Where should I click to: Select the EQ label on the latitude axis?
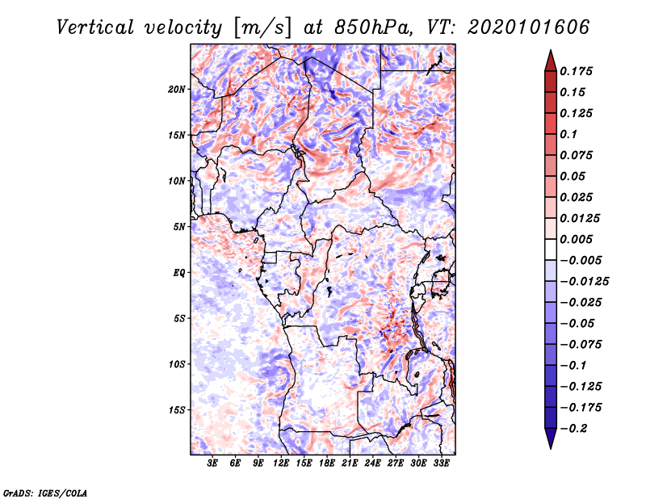pos(179,273)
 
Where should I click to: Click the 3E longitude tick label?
pos(213,463)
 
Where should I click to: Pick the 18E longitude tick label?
pos(327,463)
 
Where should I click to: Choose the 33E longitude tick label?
pos(441,463)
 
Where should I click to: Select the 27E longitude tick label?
pos(396,463)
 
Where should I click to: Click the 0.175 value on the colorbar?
pos(578,71)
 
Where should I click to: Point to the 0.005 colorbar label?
pos(578,239)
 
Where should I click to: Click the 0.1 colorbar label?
pos(572,134)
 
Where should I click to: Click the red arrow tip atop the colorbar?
pos(550,57)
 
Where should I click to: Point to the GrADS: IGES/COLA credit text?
pos(45,492)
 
